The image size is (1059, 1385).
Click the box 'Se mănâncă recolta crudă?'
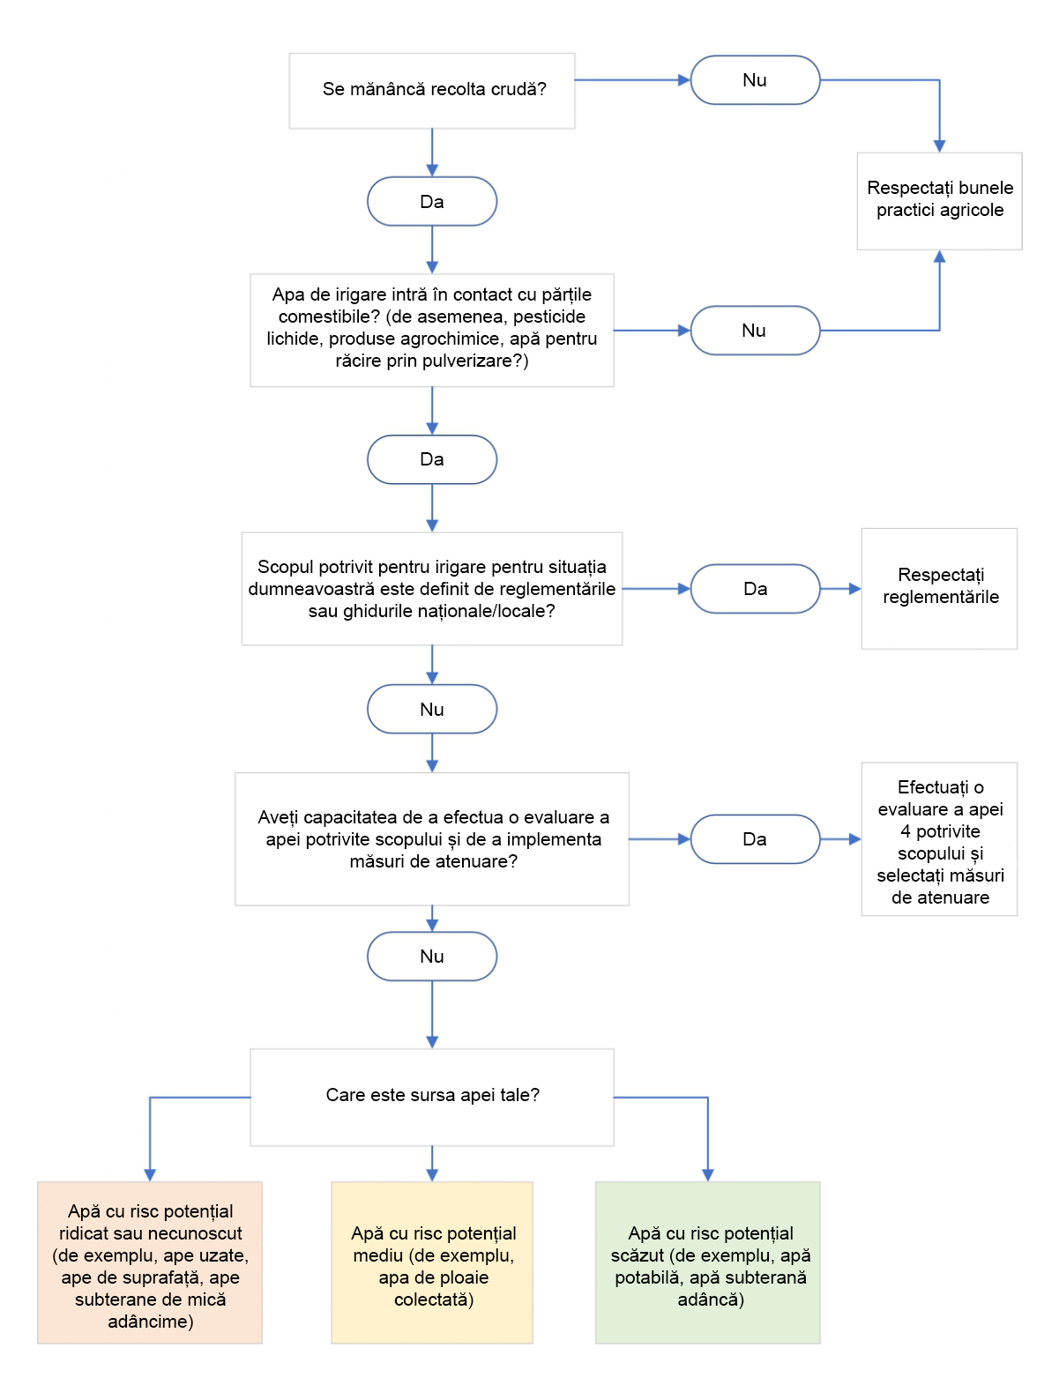click(x=432, y=91)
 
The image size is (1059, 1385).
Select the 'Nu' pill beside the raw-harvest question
click(x=755, y=80)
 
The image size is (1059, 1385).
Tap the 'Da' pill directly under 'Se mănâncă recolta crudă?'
click(x=432, y=201)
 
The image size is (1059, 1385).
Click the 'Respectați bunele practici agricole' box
click(x=939, y=201)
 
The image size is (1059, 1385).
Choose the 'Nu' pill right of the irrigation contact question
click(x=755, y=330)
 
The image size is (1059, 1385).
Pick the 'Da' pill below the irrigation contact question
click(x=432, y=459)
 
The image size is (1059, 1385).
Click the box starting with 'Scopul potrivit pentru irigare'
click(x=432, y=588)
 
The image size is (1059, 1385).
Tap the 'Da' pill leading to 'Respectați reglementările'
click(x=755, y=589)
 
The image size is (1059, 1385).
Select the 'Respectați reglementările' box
click(x=939, y=588)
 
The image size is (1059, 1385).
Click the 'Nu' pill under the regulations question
click(x=432, y=709)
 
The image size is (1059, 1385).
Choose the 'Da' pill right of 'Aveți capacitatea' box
click(x=755, y=839)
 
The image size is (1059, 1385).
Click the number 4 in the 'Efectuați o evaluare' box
click(x=905, y=831)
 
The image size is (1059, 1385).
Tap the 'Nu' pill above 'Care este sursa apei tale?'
click(x=432, y=956)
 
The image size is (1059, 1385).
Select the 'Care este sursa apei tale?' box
click(x=432, y=1098)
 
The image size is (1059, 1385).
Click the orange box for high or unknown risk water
click(x=150, y=1262)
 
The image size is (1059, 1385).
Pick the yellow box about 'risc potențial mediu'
click(x=432, y=1262)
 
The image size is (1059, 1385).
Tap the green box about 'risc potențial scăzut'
click(x=707, y=1262)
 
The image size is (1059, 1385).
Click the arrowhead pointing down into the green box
click(x=707, y=1175)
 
